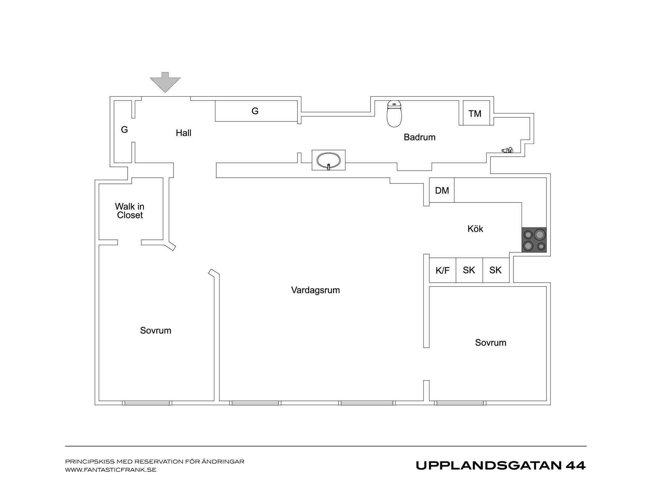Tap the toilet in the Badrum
coord(394,114)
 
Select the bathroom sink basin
coord(328,160)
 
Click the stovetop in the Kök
coord(534,240)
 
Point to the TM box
coord(476,113)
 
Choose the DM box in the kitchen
coord(442,190)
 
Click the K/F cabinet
coord(442,270)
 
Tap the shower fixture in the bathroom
coord(507,150)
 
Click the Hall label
coord(183,133)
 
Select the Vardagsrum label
coord(315,290)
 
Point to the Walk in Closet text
coord(130,211)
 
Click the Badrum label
coord(419,137)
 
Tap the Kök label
coord(475,229)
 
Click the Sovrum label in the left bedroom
coord(156,330)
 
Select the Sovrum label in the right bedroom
coord(491,343)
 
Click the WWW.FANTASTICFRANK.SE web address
coord(111,470)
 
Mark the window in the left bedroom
coord(147,403)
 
